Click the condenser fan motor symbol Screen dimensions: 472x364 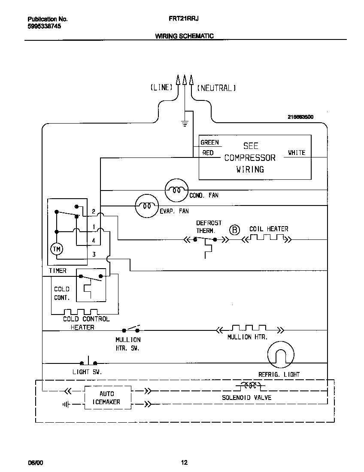click(x=176, y=190)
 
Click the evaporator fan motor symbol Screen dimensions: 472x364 click(x=146, y=206)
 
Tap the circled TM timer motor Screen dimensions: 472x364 click(x=57, y=249)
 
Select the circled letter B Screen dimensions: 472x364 click(x=234, y=230)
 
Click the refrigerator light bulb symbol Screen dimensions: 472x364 click(x=280, y=355)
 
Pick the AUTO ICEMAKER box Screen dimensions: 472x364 click(x=107, y=398)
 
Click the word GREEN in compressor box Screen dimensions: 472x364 click(x=209, y=142)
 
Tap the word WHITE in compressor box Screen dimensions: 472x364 click(x=296, y=153)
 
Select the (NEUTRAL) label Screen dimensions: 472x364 click(x=216, y=88)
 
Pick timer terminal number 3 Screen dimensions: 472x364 click(x=94, y=254)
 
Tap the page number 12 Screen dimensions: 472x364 click(x=184, y=463)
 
